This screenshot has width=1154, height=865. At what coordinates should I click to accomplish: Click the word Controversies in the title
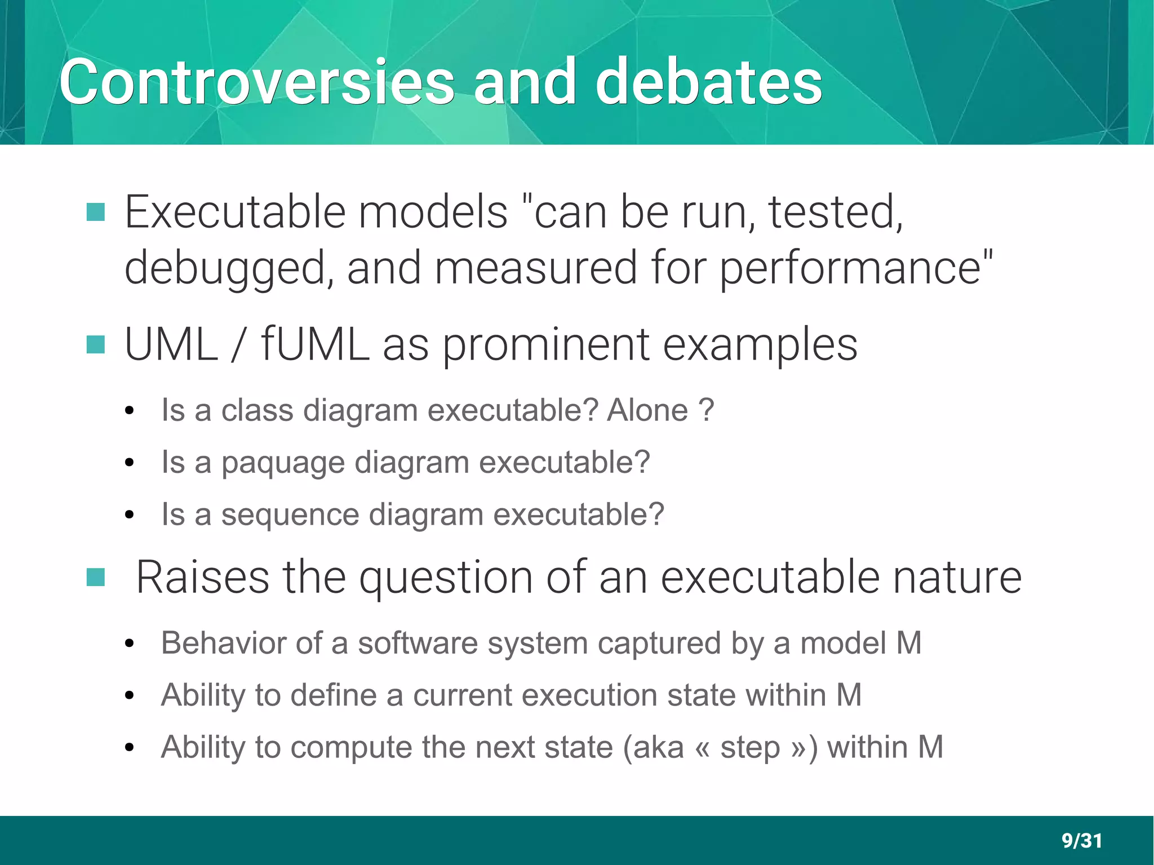tap(256, 82)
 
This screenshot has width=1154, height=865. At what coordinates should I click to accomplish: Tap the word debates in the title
tap(708, 82)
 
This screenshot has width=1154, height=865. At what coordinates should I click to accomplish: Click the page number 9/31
tap(1081, 840)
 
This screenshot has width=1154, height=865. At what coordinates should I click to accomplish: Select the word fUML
tap(314, 344)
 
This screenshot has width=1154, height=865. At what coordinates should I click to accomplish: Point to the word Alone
tap(647, 410)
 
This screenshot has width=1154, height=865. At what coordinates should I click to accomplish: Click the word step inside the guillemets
tap(750, 747)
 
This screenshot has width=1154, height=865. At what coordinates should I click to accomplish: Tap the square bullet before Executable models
tap(96, 212)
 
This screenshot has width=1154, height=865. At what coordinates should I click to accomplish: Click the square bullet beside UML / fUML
tap(96, 345)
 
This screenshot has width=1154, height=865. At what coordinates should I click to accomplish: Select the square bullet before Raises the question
tap(96, 577)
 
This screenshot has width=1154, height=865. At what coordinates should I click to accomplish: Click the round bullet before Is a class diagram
tap(129, 411)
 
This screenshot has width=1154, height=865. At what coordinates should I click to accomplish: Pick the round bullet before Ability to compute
tap(129, 748)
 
